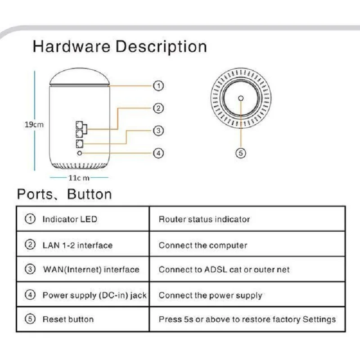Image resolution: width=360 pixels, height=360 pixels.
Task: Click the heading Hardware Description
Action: click(x=120, y=47)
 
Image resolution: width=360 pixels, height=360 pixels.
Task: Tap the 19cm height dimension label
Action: click(x=34, y=125)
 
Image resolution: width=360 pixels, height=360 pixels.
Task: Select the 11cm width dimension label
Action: click(x=79, y=178)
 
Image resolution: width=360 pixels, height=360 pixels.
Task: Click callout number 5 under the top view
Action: click(x=241, y=153)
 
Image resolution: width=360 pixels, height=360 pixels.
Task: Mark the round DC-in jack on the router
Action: click(x=80, y=153)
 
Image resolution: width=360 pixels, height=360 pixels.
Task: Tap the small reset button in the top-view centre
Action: click(x=241, y=98)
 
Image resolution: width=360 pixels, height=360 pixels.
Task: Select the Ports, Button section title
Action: click(x=64, y=194)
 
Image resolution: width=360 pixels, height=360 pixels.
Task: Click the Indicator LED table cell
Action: click(x=70, y=220)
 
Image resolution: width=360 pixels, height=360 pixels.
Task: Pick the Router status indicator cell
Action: click(x=204, y=220)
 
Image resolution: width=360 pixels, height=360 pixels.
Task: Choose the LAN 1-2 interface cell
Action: click(x=77, y=245)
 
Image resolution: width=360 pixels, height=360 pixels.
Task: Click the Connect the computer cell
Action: click(x=203, y=245)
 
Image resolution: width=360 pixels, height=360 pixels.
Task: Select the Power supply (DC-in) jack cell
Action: click(x=94, y=296)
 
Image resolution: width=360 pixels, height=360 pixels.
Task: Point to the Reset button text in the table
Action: click(x=68, y=319)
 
